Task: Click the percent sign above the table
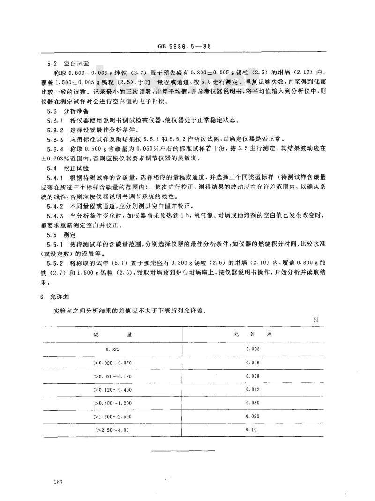[315, 319]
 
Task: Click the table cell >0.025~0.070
[112, 362]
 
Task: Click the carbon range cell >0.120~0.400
[112, 389]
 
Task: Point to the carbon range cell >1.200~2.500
[112, 415]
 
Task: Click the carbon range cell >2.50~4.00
[112, 429]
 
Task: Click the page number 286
[59, 481]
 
